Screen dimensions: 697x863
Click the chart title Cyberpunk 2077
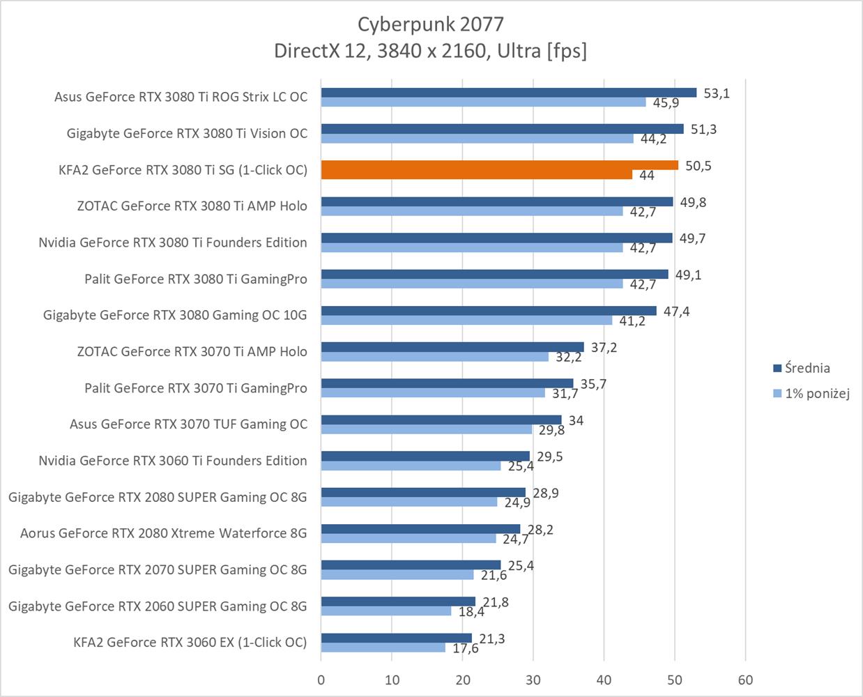tap(430, 24)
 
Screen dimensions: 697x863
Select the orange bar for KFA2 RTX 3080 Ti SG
tap(499, 165)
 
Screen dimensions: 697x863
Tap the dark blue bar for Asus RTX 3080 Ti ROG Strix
tap(509, 93)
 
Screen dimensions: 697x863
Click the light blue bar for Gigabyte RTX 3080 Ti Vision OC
tap(477, 139)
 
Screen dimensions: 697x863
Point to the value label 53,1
tap(717, 93)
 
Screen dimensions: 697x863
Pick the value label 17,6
tap(466, 648)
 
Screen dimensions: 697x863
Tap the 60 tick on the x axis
tap(745, 680)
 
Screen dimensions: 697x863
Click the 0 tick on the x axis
tap(321, 680)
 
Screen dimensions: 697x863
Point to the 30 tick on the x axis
tap(533, 680)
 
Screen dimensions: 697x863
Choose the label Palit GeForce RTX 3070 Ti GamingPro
tap(196, 388)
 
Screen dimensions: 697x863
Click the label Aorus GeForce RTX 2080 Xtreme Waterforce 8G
tap(164, 533)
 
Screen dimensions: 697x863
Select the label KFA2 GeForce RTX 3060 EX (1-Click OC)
tap(190, 642)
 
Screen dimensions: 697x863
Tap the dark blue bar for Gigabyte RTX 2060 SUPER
tap(398, 602)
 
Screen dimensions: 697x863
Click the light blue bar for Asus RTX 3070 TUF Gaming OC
tap(427, 429)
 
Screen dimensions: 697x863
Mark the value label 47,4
tap(676, 312)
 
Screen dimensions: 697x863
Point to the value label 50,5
tap(698, 166)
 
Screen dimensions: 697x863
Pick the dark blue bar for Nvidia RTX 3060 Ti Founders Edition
tap(425, 456)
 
